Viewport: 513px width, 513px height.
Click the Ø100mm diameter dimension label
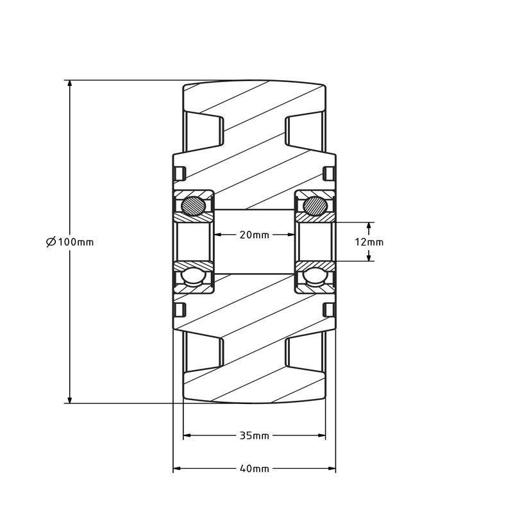(x=71, y=242)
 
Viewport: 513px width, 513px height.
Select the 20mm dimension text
(x=254, y=235)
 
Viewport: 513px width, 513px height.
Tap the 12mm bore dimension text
(x=369, y=242)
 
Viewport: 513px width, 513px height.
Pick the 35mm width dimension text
(x=254, y=435)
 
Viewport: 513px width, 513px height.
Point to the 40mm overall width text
(x=254, y=469)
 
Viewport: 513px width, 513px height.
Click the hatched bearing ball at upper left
(x=192, y=206)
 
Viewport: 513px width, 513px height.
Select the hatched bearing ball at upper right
(x=314, y=206)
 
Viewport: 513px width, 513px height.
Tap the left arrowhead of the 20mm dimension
(x=218, y=235)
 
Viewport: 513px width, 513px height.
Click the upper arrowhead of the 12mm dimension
(x=369, y=226)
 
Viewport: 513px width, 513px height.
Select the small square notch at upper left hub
(x=180, y=173)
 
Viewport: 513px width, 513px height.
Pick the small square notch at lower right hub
(x=328, y=310)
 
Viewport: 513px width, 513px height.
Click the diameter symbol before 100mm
(x=51, y=242)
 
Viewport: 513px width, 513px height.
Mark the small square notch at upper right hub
(x=328, y=173)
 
